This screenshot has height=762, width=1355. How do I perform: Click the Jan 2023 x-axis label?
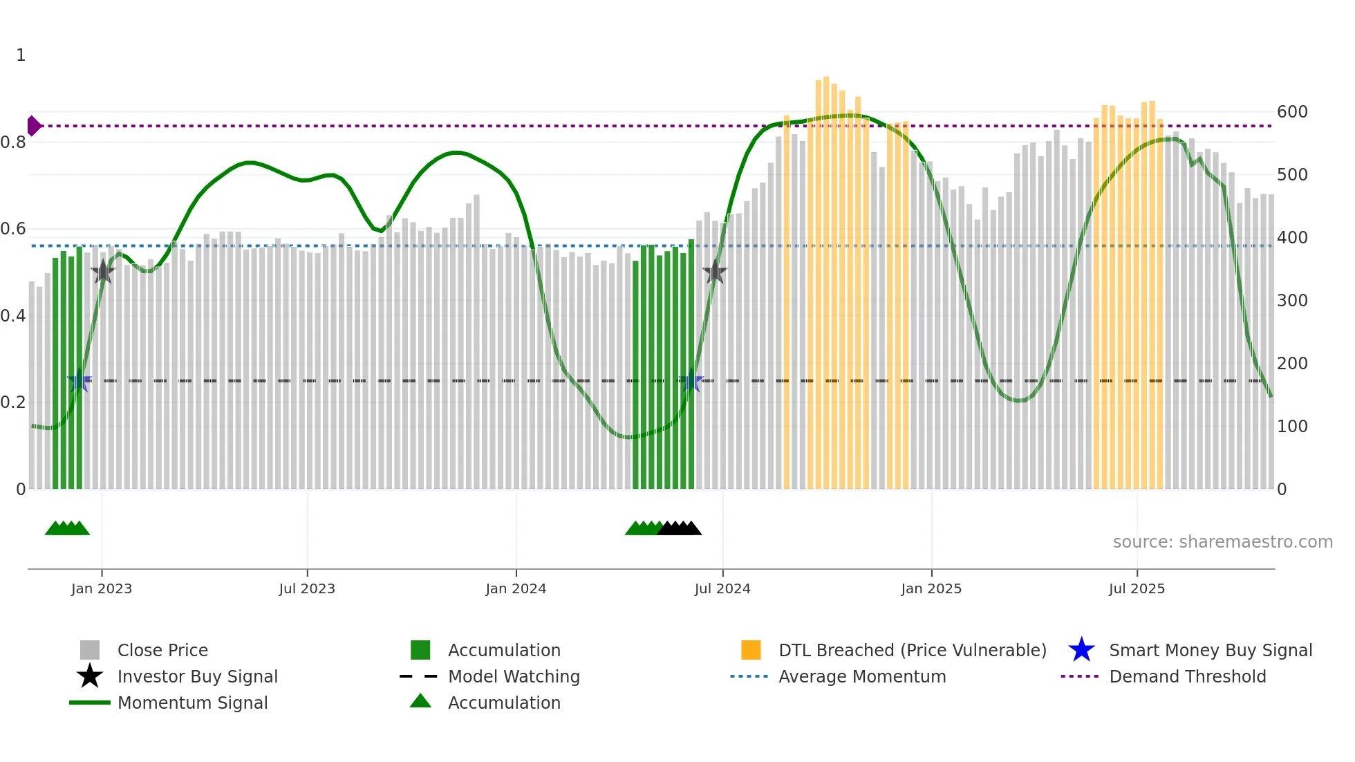(102, 588)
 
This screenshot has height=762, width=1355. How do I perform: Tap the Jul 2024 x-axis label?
(722, 588)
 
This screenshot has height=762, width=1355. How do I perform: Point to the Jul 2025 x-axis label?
(1137, 588)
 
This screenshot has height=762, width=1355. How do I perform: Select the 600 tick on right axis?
(1291, 112)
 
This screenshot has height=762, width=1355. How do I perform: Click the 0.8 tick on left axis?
(13, 142)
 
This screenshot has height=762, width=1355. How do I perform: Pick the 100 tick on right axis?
(1291, 427)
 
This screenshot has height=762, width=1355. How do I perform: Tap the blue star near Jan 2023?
(80, 380)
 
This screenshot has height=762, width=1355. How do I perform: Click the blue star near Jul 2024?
(691, 380)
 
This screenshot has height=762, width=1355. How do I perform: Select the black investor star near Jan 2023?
(103, 272)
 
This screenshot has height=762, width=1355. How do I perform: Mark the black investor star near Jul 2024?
(715, 272)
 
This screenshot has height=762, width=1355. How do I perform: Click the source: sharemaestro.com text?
(1222, 542)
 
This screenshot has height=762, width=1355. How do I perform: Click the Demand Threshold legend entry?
(1187, 676)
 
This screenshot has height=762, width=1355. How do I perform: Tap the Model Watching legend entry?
(513, 676)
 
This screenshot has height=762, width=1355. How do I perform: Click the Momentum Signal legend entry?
(192, 703)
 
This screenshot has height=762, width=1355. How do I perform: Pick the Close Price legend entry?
(162, 650)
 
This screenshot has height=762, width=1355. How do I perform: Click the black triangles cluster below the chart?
(680, 528)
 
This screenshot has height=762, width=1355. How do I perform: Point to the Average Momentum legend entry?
(861, 676)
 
